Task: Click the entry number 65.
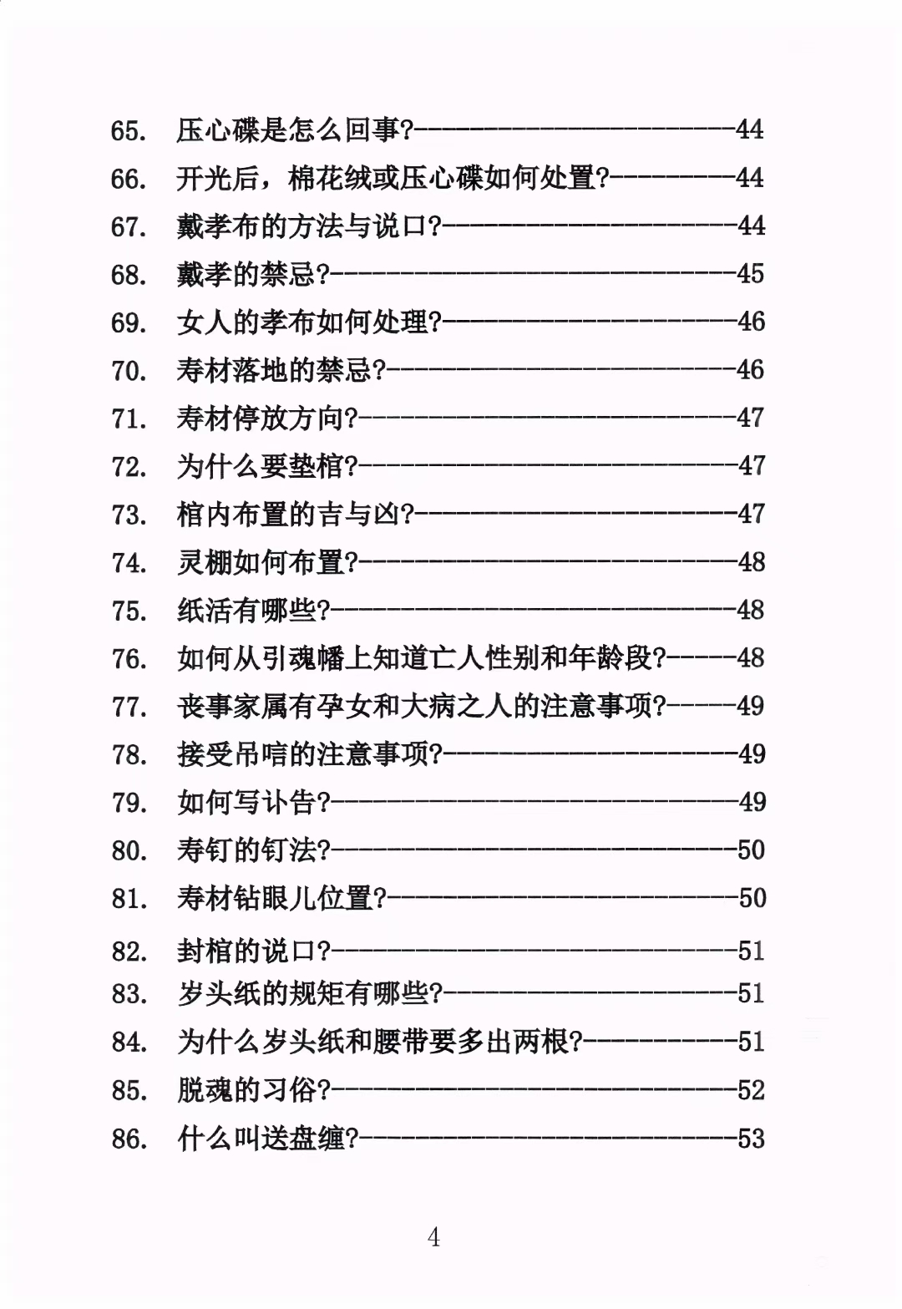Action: [x=129, y=131]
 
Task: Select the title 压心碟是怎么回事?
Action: [x=295, y=130]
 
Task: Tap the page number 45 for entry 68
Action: [x=750, y=273]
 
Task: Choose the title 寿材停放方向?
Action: [x=266, y=418]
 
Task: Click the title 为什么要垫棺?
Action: [x=266, y=466]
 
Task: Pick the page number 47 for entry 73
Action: [x=751, y=513]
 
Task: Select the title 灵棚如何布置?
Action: [x=266, y=562]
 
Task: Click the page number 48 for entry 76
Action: [x=751, y=658]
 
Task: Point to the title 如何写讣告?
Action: [x=254, y=803]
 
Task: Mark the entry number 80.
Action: [x=129, y=851]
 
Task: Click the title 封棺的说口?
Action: [x=254, y=951]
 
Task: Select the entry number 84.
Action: [x=129, y=1043]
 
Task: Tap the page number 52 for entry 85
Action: [x=751, y=1089]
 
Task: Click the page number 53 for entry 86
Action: [x=751, y=1138]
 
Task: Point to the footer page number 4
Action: [x=433, y=1237]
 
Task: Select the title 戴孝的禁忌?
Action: [x=254, y=274]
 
